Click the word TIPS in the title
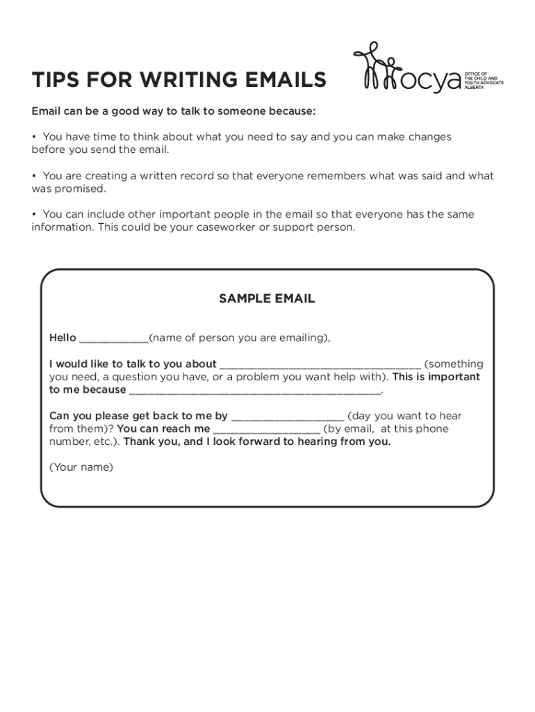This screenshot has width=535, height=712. [53, 81]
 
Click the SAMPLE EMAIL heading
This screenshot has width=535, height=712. [267, 299]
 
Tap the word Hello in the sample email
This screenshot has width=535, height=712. [63, 338]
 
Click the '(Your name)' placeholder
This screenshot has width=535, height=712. [81, 467]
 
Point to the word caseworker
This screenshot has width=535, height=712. [222, 227]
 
